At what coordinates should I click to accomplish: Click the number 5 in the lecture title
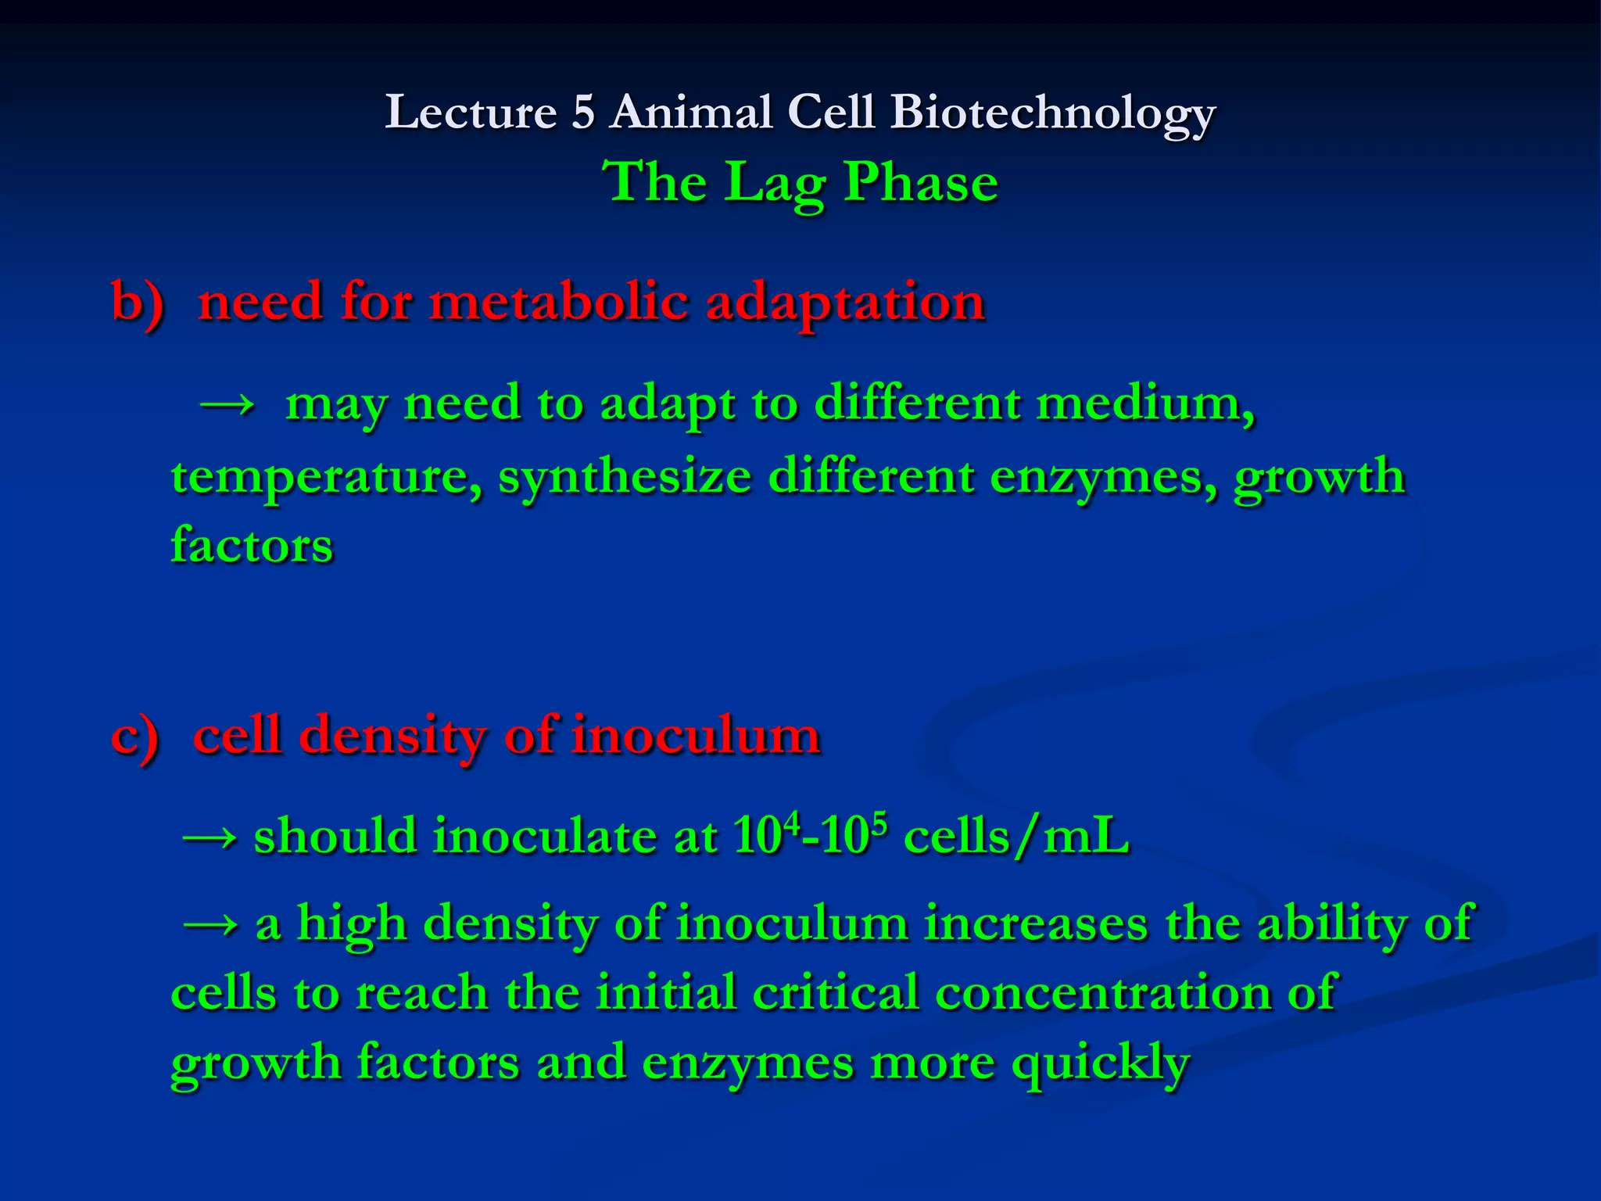[x=583, y=113]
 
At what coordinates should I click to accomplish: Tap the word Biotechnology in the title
[x=1052, y=113]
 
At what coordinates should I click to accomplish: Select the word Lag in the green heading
[x=774, y=183]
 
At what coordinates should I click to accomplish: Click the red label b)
[x=138, y=303]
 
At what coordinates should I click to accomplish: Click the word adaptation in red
[x=845, y=303]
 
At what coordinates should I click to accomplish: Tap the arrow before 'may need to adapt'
[x=227, y=405]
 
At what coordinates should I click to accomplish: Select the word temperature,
[x=327, y=477]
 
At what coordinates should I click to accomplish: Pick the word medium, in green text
[x=1146, y=405]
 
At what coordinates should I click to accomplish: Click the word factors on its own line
[x=252, y=546]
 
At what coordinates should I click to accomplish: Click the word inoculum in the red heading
[x=696, y=737]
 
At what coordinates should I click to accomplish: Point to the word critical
[x=836, y=994]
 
